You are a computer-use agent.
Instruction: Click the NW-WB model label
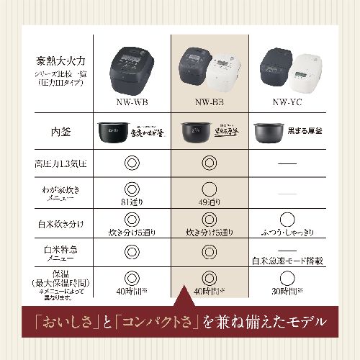coord(132,102)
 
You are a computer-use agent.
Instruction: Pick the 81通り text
coord(132,202)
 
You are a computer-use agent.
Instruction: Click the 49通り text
coord(209,202)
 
